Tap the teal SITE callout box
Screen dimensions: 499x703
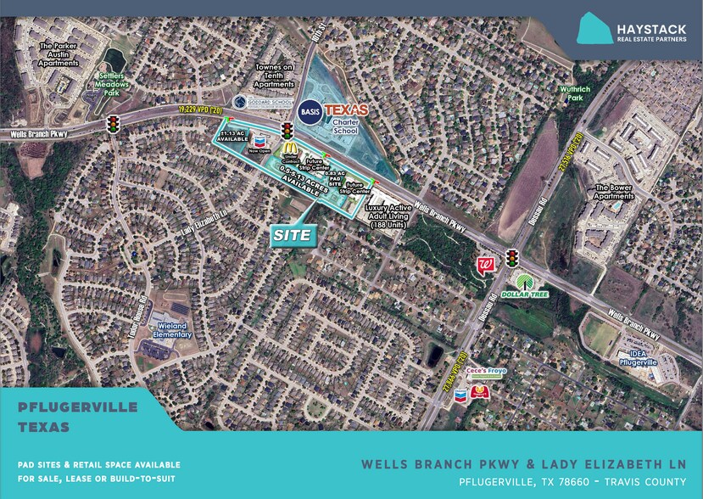click(x=293, y=235)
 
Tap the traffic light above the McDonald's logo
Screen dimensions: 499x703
click(x=287, y=131)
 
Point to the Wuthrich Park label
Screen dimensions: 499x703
click(x=574, y=93)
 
